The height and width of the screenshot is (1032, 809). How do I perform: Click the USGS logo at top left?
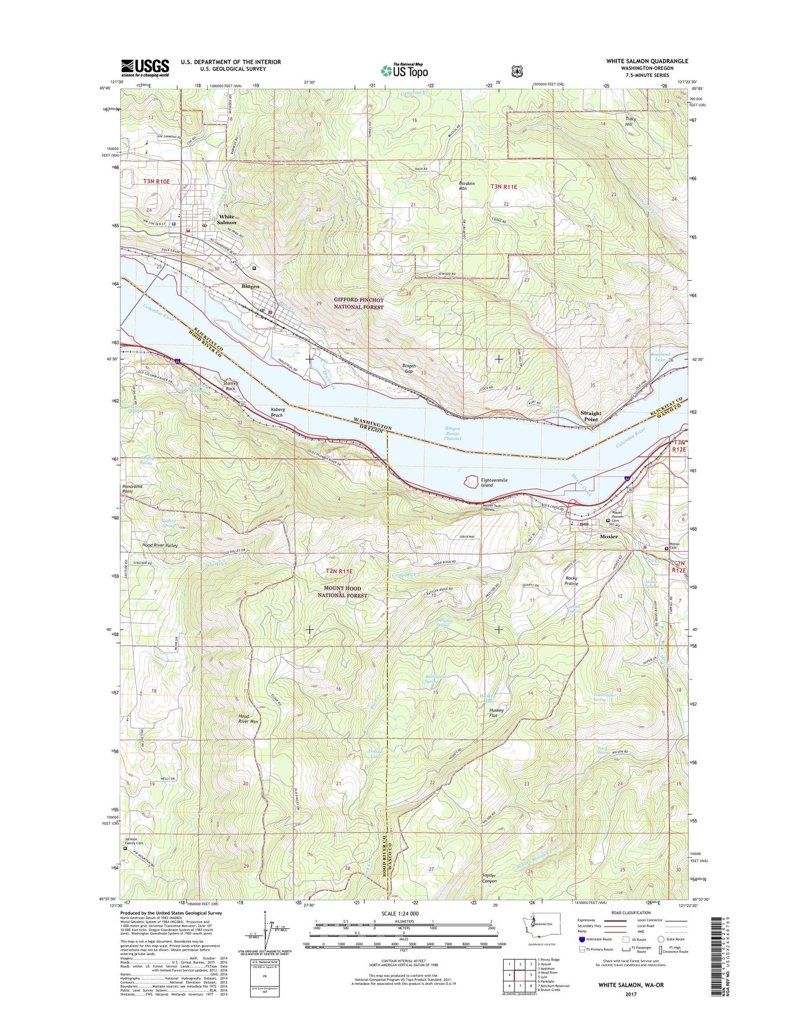[x=145, y=68]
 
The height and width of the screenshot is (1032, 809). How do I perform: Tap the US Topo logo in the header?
[x=404, y=71]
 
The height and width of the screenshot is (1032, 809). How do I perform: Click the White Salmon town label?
[x=227, y=219]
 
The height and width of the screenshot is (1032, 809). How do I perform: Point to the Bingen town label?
[x=250, y=286]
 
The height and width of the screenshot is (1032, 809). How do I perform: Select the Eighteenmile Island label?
[x=494, y=482]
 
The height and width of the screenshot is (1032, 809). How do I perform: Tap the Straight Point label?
[x=591, y=416]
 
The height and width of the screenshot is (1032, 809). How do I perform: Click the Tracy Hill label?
[x=630, y=122]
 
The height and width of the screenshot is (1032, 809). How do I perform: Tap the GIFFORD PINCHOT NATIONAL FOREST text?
[x=359, y=304]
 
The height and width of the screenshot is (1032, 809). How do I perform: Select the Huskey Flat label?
[x=497, y=713]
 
